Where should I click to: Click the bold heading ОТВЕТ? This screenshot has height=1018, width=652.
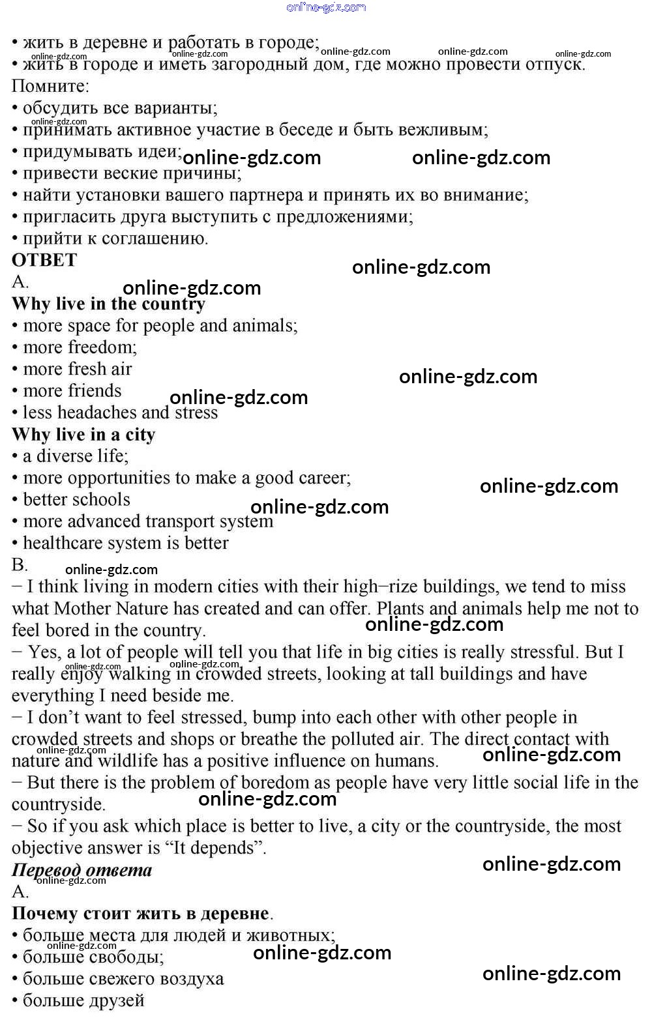point(44,260)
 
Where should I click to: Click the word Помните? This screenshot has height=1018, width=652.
point(50,86)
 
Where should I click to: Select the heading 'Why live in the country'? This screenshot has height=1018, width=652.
point(108,304)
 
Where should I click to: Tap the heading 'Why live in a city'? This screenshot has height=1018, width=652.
point(83,435)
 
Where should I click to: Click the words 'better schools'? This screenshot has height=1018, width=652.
point(76,500)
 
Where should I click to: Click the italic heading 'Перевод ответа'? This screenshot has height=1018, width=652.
point(81,870)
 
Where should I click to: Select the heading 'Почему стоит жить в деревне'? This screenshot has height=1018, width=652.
point(140,914)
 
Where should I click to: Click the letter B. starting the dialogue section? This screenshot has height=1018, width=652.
point(20,565)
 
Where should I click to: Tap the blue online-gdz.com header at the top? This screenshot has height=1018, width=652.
point(326,7)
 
